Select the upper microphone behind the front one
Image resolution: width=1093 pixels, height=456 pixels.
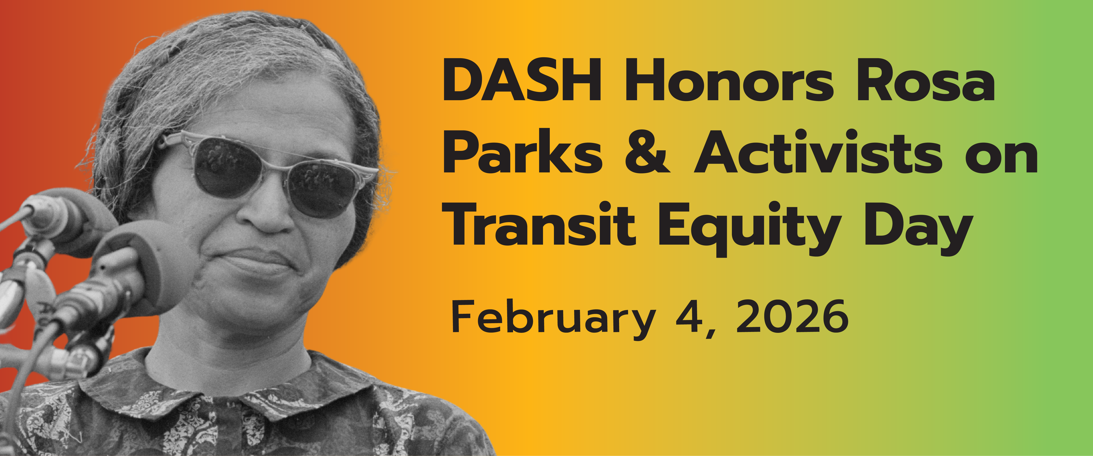(x=72, y=221)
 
